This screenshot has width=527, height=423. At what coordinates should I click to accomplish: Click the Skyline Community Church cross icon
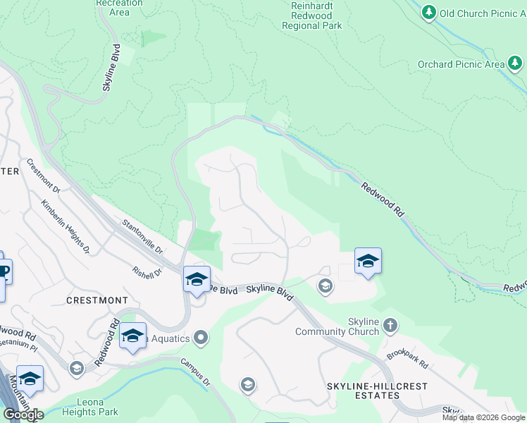(x=390, y=325)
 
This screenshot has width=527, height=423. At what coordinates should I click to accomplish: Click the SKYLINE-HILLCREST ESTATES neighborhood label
(x=364, y=391)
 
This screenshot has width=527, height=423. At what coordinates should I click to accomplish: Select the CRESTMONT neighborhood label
(x=97, y=300)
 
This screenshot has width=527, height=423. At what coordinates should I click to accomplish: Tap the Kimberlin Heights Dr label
(x=66, y=226)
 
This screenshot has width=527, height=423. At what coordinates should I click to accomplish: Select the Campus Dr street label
(x=196, y=373)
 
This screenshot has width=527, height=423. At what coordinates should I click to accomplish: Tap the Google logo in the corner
(x=23, y=415)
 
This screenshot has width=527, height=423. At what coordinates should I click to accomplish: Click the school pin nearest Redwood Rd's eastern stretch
(x=368, y=262)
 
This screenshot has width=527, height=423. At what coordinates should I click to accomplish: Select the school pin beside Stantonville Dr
(x=197, y=279)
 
